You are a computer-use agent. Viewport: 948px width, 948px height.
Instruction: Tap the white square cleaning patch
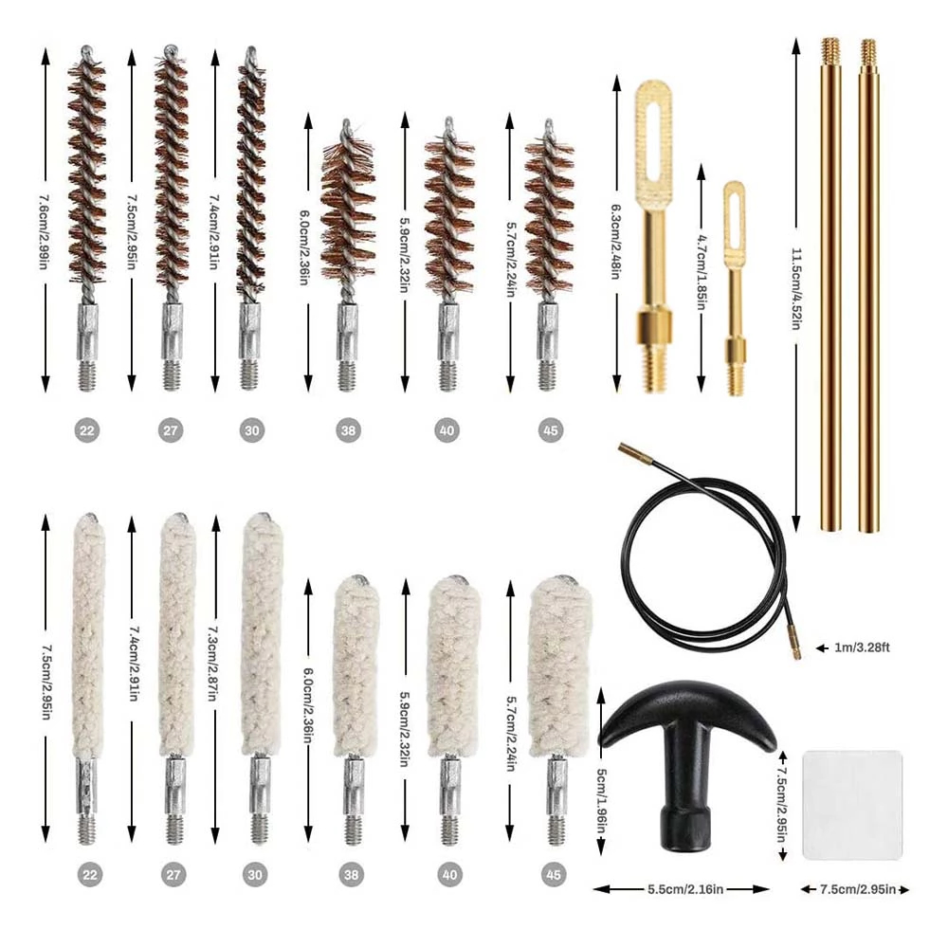tap(851, 805)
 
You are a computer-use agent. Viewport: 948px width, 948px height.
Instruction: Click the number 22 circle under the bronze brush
tap(87, 430)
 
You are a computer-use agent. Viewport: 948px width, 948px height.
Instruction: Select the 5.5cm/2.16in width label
tap(681, 889)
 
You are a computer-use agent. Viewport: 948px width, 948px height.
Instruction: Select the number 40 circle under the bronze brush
tap(447, 430)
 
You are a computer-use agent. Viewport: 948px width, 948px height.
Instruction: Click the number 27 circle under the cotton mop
tap(171, 873)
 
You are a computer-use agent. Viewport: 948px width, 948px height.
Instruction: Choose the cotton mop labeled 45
tap(558, 654)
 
